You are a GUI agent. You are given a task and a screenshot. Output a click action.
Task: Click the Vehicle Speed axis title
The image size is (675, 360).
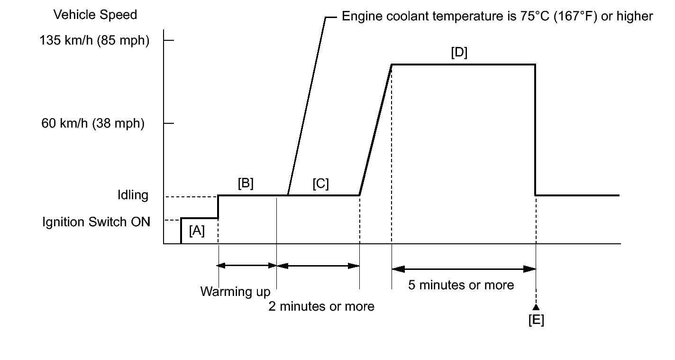95,15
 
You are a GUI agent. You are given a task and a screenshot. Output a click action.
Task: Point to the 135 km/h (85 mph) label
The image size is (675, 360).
95,41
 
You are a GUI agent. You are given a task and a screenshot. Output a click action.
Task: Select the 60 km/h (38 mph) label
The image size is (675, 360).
92,124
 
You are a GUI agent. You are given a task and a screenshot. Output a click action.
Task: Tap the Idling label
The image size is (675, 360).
133,195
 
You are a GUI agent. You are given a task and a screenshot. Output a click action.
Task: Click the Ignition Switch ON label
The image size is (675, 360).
96,222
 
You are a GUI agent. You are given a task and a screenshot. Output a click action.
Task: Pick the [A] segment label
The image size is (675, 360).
196,231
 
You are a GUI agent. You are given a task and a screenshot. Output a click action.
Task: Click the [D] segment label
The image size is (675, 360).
458,53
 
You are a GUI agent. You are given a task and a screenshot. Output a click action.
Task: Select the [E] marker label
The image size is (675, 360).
536,320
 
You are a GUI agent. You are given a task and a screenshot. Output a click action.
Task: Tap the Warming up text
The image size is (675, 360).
235,291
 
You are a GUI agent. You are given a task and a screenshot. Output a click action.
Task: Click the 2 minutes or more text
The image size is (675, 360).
321,306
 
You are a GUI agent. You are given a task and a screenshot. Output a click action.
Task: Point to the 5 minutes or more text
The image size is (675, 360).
461,285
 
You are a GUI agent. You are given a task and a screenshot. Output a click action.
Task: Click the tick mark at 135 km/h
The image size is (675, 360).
169,41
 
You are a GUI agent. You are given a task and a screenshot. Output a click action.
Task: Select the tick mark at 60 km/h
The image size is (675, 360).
169,124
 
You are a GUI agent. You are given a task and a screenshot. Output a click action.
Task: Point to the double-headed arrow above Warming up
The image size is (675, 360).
247,266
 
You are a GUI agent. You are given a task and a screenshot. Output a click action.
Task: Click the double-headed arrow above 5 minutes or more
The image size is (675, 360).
464,269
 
